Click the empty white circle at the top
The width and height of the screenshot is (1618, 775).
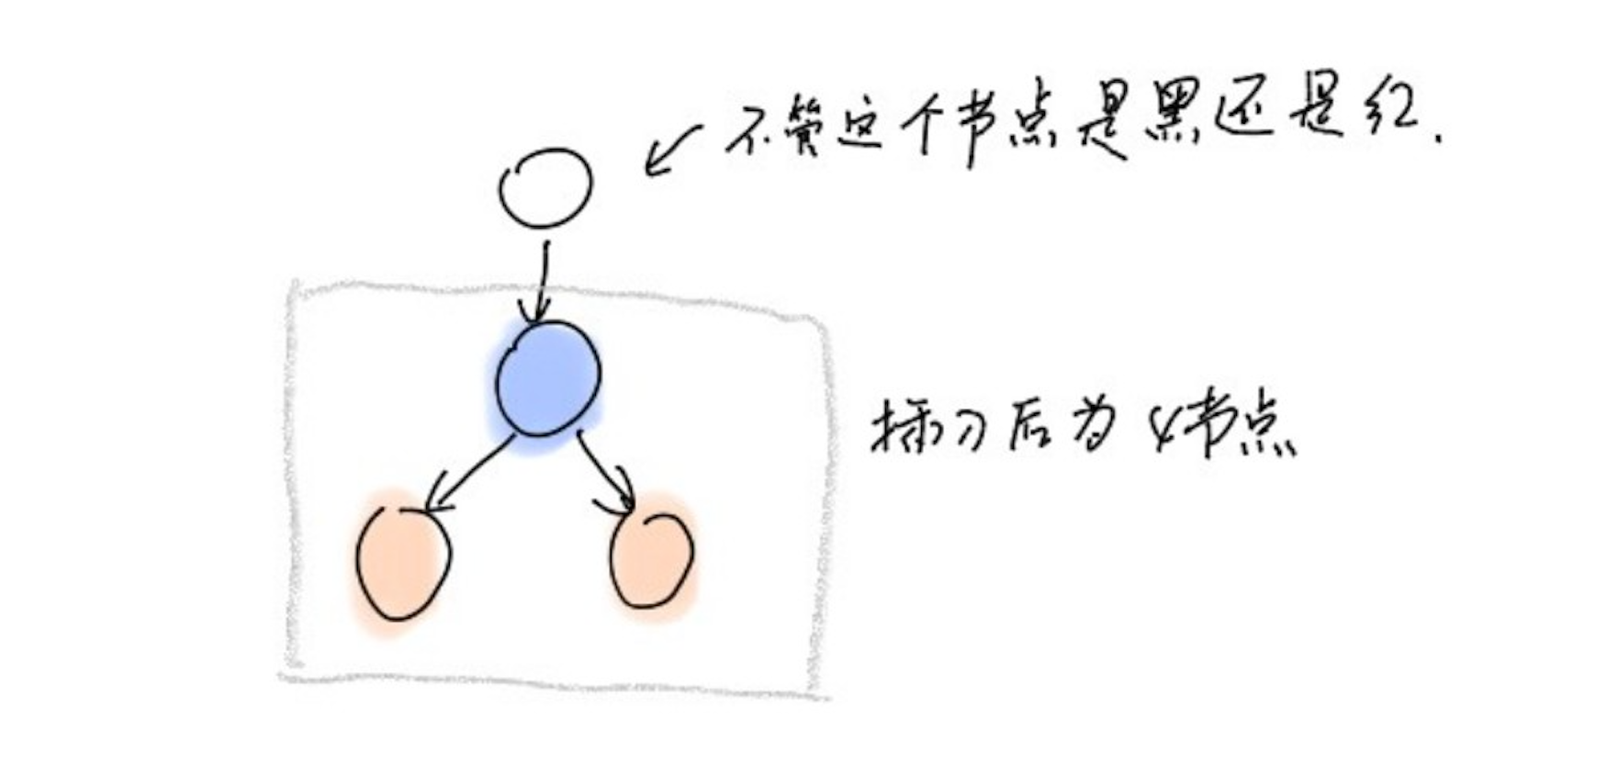click(x=545, y=187)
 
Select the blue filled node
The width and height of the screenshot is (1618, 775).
click(x=548, y=379)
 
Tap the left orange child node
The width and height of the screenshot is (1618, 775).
click(x=402, y=564)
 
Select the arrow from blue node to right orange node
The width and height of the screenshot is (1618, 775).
click(x=607, y=473)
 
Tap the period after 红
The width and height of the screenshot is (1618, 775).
click(x=1436, y=139)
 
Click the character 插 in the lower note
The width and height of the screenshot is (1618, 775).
click(x=900, y=428)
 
